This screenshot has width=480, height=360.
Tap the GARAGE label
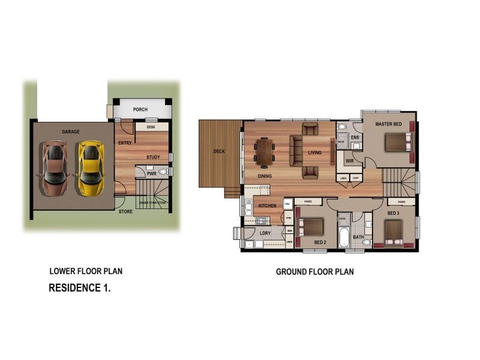coord(71,132)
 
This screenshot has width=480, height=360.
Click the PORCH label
coord(140,110)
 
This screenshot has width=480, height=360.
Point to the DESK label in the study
coord(151,127)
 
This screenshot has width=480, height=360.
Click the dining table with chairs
coord(264,151)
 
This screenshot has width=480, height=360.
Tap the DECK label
coord(219,151)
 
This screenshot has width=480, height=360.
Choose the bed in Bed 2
coord(312,226)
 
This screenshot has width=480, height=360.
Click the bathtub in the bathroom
coord(344,237)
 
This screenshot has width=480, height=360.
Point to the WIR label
coord(350,161)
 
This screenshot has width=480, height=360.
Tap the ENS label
coord(355,138)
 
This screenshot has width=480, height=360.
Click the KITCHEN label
coord(267,206)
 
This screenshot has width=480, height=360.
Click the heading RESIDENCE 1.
coord(79,288)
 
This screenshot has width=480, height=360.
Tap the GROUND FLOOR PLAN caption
coord(314,272)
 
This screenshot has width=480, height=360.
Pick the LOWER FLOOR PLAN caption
coord(86,271)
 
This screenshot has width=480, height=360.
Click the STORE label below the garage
coord(125,211)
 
